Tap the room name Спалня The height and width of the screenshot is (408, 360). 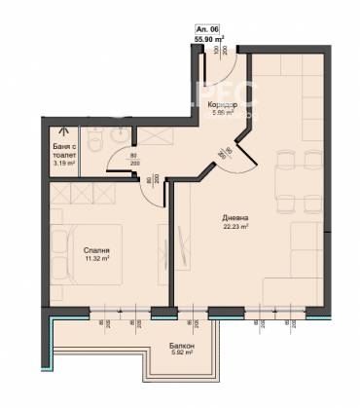[x=96, y=250]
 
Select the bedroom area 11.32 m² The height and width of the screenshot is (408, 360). [x=96, y=261]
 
